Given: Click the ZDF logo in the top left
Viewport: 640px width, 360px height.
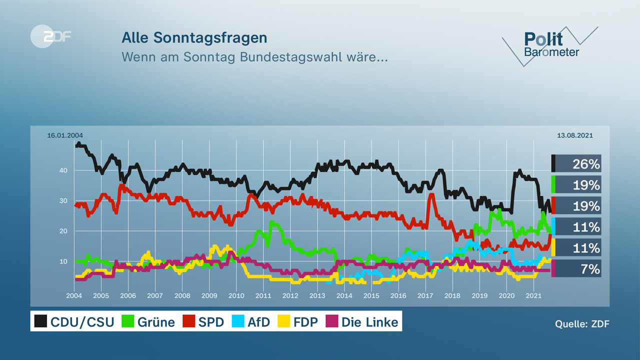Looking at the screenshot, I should pos(51,36).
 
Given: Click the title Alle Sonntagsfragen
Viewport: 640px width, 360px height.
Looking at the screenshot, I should pos(194,38).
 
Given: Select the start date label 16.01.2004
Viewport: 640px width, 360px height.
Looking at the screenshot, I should pos(65,135).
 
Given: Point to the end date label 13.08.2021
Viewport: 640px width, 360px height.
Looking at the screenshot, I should pos(575,135).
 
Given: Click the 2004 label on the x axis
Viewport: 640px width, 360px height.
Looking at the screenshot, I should pos(74,296).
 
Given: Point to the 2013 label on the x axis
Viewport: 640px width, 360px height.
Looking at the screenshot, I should pos(317,296).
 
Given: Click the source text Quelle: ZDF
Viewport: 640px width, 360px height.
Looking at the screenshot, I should pos(582,324).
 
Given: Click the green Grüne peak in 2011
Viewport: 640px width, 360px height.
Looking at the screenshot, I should pos(271,221).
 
